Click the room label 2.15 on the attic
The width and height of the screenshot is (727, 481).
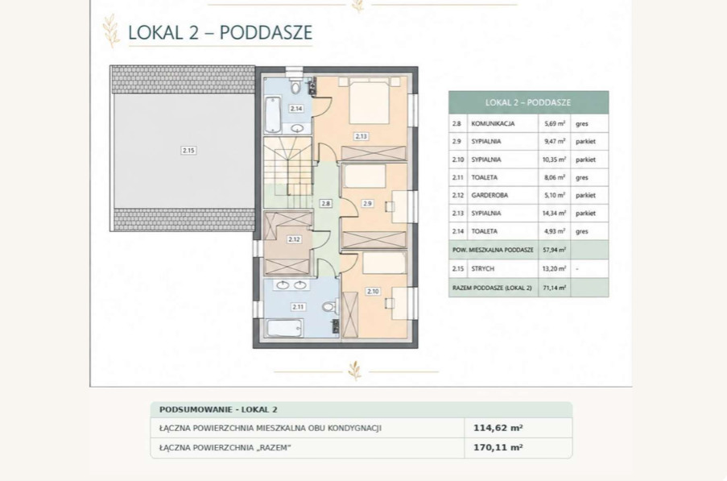(188, 151)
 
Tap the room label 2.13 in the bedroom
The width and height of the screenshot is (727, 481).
(361, 136)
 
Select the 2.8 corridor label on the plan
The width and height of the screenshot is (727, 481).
(325, 203)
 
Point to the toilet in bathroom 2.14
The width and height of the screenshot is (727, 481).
(295, 86)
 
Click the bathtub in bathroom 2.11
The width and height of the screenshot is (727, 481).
(285, 328)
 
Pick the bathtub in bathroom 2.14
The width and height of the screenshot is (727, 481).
(273, 114)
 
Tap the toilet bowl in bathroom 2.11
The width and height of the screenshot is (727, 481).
(328, 307)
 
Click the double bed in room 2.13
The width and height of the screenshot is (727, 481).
(369, 102)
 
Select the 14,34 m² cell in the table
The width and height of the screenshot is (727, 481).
(555, 214)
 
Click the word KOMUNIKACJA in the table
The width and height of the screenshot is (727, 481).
(493, 124)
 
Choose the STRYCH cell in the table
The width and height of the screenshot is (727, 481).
(483, 268)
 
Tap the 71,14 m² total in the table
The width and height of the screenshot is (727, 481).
(555, 288)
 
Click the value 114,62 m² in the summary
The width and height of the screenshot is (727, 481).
(498, 428)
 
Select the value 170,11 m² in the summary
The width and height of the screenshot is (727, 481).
(498, 448)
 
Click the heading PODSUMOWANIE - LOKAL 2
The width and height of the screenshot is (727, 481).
(218, 409)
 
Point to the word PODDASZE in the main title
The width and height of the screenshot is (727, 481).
(266, 32)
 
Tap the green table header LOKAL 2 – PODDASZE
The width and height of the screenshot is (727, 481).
(528, 102)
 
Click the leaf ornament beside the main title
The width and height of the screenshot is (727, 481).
(111, 31)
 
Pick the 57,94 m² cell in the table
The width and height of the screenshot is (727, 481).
(555, 250)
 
